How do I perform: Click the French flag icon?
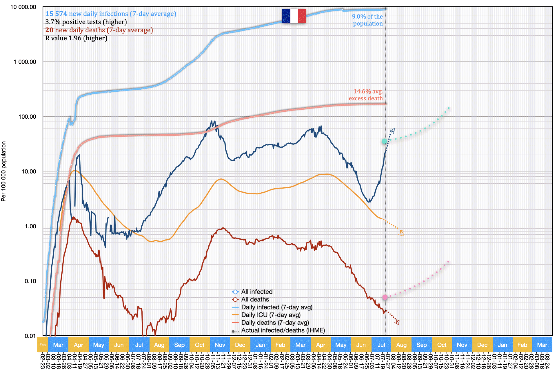294,16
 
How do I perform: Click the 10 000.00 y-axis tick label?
23,7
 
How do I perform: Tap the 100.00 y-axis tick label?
27,117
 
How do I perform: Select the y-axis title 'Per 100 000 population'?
3,171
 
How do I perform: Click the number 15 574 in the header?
56,14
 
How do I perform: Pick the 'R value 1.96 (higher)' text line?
76,38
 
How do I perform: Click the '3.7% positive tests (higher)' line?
86,22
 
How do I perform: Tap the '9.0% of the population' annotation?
367,20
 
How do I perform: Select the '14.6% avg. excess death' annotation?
366,95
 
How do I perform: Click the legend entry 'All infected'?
257,292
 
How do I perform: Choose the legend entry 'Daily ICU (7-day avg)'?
271,315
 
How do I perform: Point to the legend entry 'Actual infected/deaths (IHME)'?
283,330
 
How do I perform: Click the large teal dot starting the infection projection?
385,141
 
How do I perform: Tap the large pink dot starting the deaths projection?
385,297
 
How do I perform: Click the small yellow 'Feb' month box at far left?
43,345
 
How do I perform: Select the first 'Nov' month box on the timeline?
220,345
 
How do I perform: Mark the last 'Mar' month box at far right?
542,345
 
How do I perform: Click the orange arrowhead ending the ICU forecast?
401,233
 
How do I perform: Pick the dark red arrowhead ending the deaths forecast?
397,322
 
